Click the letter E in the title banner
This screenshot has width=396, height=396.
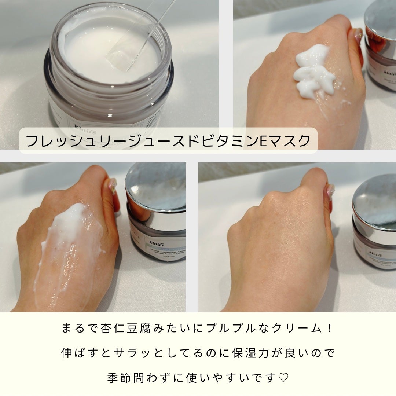pyautogui.click(x=263, y=141)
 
